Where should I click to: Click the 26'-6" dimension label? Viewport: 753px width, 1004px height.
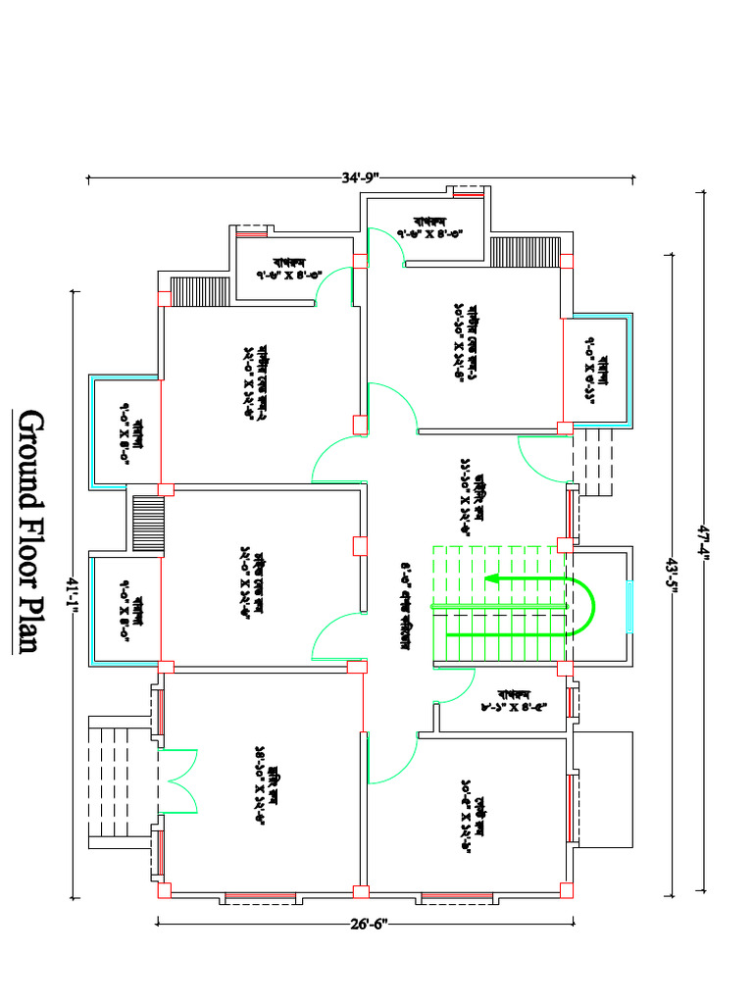(366, 922)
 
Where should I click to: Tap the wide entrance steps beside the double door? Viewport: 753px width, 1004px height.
(118, 781)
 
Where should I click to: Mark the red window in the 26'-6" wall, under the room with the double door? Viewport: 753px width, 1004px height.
(260, 896)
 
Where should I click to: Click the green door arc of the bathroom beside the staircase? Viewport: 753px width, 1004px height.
(453, 686)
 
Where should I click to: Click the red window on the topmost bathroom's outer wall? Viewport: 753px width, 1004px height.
(468, 194)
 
